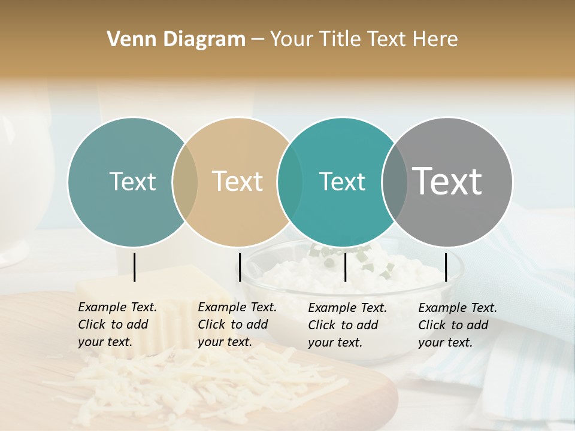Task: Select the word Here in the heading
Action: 437,40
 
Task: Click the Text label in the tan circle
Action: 238,181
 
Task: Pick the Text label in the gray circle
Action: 447,181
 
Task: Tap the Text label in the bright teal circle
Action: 342,181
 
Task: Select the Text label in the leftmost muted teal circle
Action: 132,181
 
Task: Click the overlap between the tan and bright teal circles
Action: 290,182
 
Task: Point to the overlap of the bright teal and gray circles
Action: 394,182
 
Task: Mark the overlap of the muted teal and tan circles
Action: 185,182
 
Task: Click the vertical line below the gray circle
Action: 446,267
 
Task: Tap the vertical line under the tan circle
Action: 240,267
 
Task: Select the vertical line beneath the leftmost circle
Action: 135,267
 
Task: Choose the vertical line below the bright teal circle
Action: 346,267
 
